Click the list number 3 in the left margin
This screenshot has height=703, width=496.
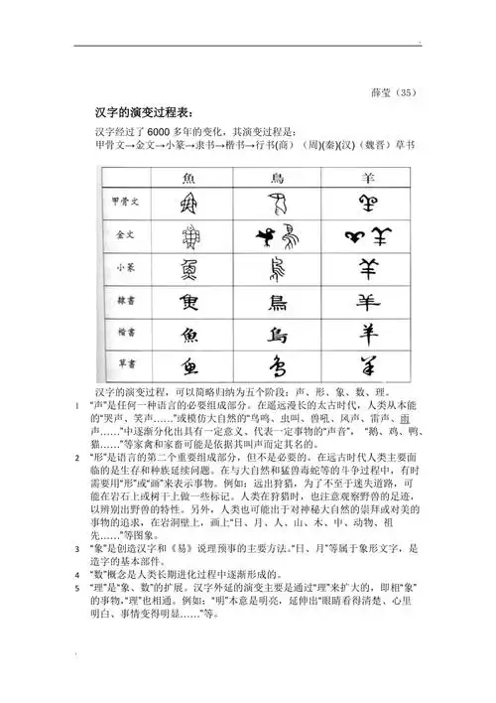click(78, 548)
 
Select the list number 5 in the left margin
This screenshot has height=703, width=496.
click(78, 588)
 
